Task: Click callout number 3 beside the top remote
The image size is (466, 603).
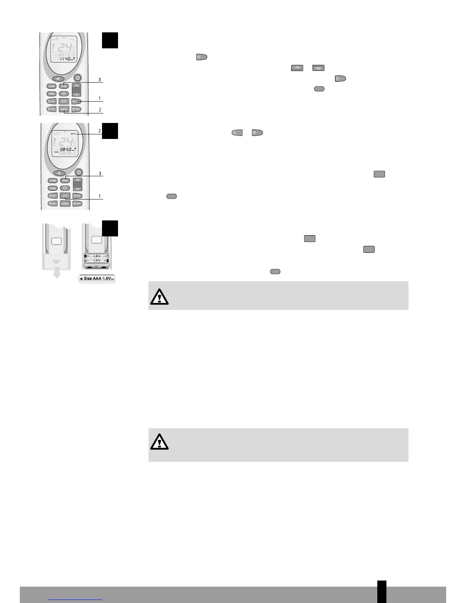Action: click(x=99, y=80)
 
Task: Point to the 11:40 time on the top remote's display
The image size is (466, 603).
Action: click(x=64, y=59)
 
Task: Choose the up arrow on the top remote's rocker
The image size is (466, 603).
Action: click(x=77, y=86)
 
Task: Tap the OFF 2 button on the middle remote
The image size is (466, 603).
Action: click(x=77, y=204)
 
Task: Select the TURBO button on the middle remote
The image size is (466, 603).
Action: click(x=53, y=188)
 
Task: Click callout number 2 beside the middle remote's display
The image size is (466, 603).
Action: click(x=99, y=131)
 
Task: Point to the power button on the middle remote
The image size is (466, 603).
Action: click(x=78, y=172)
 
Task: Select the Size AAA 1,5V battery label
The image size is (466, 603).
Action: click(x=97, y=279)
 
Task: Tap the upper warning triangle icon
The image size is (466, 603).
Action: click(x=159, y=296)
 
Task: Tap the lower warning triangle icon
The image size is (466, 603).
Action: click(x=159, y=442)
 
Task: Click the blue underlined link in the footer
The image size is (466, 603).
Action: click(x=76, y=599)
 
